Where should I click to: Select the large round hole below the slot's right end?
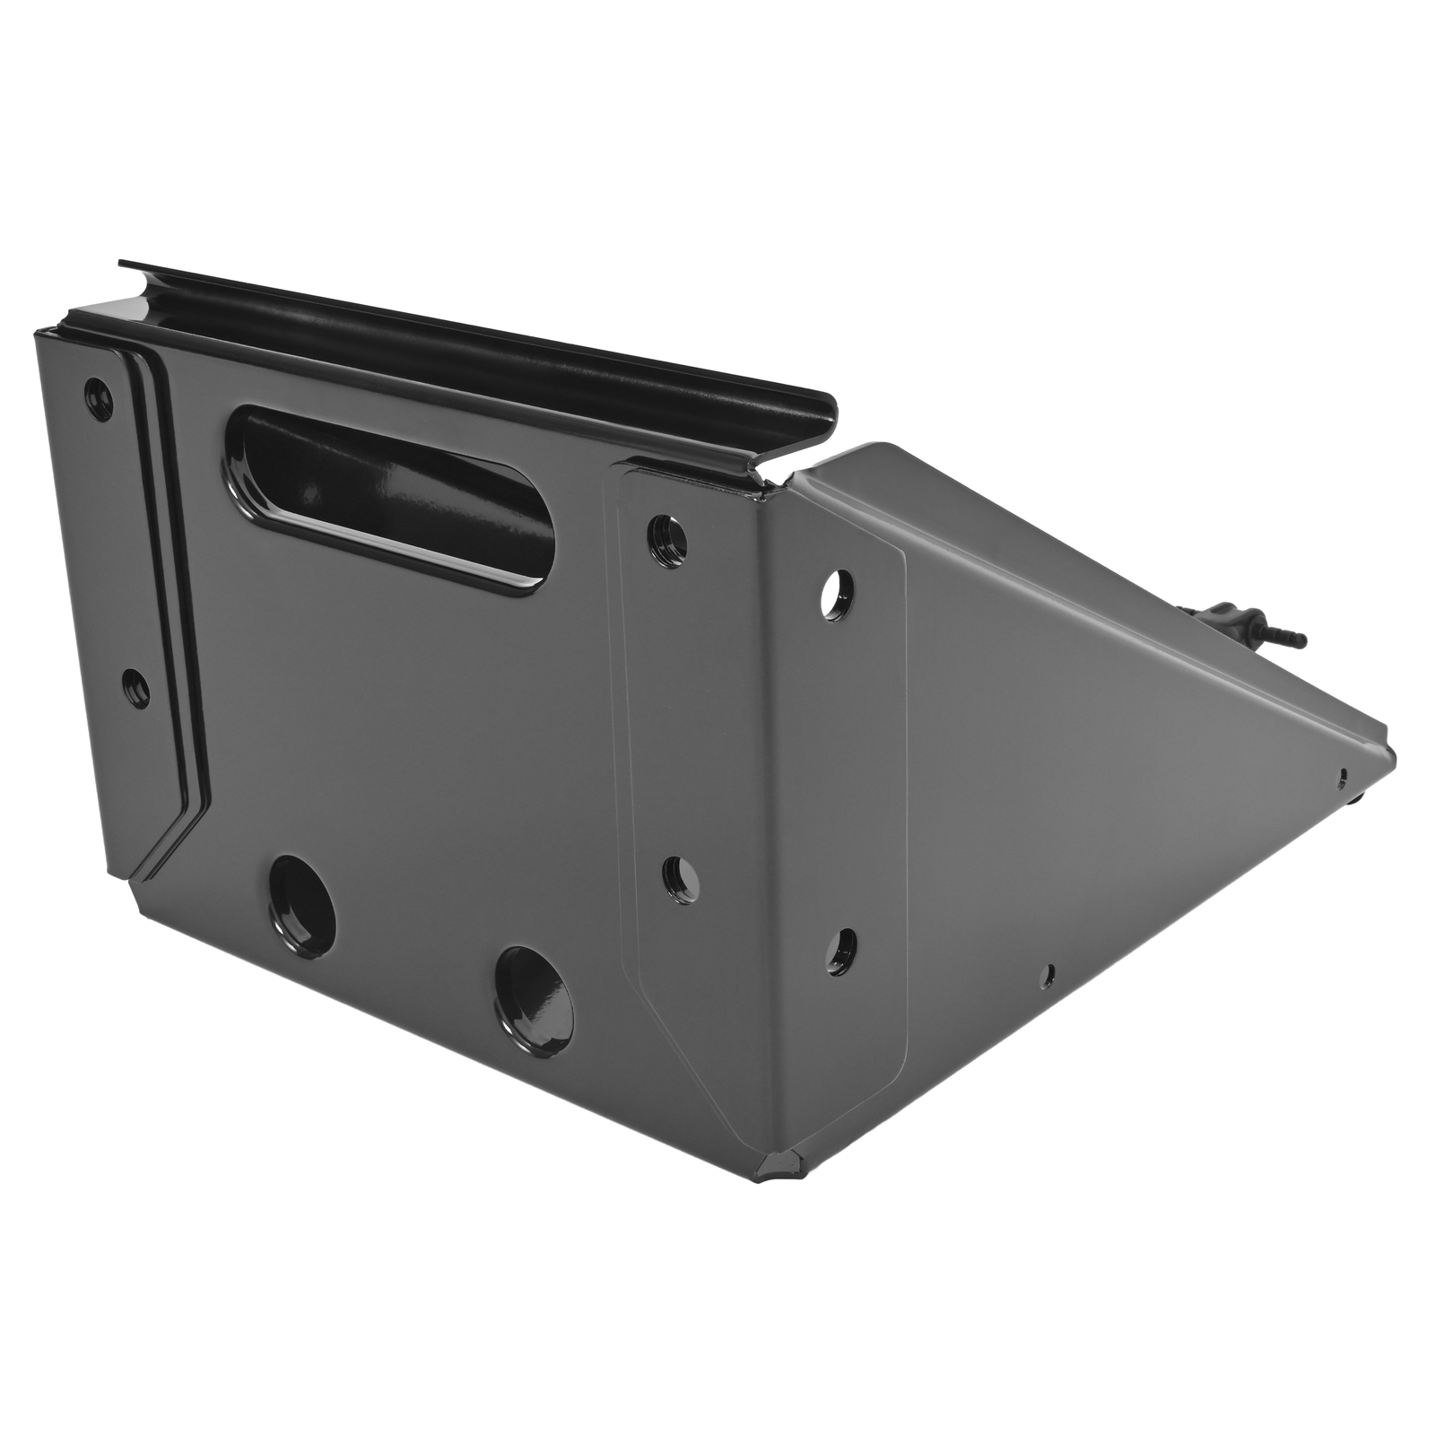click(x=535, y=991)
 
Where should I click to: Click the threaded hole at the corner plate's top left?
click(x=668, y=535)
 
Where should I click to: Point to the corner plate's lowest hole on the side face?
click(x=840, y=951)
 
